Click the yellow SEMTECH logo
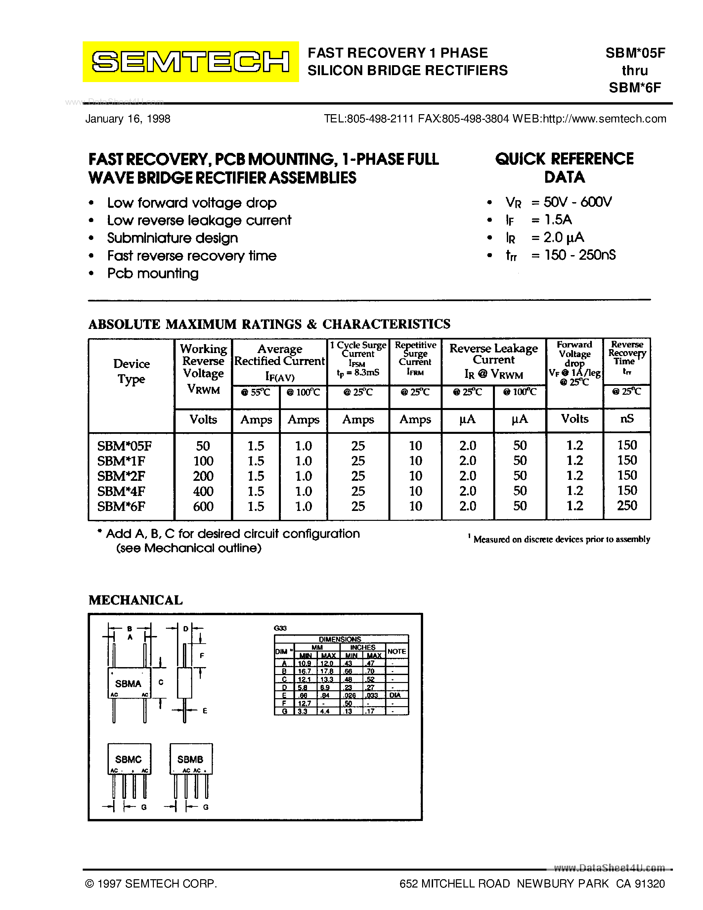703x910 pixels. tap(190, 62)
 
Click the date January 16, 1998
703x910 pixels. tap(128, 119)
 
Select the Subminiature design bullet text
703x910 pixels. tap(172, 238)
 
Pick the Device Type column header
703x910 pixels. tap(132, 371)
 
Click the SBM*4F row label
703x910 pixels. tap(121, 491)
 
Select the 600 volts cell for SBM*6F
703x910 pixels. tap(203, 506)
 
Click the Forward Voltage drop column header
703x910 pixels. tap(574, 362)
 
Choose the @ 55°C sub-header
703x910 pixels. tap(255, 392)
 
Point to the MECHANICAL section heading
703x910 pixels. tap(136, 600)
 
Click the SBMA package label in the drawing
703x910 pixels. tap(128, 684)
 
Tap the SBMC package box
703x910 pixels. tap(129, 759)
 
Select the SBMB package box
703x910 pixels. tap(191, 759)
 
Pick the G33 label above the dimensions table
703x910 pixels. tap(280, 628)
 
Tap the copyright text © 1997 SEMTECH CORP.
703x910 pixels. tap(151, 883)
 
